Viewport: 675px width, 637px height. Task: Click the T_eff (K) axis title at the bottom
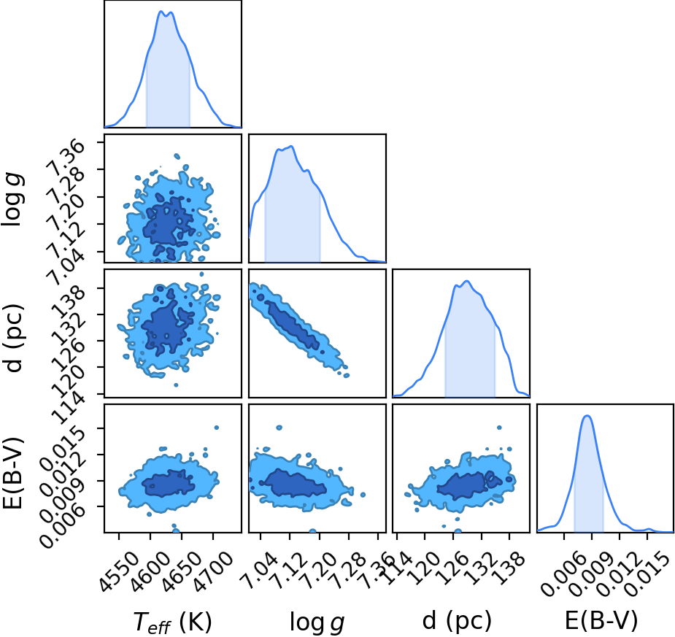(x=173, y=622)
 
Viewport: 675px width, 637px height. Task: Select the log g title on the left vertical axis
(x=13, y=199)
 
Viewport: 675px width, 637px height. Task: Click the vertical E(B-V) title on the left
(x=12, y=473)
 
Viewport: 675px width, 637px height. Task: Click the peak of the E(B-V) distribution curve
(x=587, y=415)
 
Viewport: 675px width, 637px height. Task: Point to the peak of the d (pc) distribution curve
(x=467, y=281)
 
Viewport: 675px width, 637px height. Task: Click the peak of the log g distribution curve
(x=292, y=147)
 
